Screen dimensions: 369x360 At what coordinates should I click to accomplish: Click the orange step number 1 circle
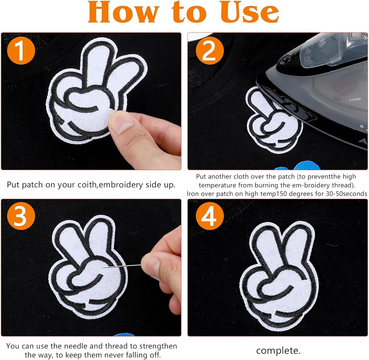pyautogui.click(x=21, y=51)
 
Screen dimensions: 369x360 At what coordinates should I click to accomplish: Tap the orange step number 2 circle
pyautogui.click(x=210, y=51)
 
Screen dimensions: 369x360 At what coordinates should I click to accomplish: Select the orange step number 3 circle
pyautogui.click(x=21, y=216)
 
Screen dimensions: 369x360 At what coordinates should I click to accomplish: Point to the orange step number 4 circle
pyautogui.click(x=210, y=216)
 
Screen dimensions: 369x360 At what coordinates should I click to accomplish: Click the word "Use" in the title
pyautogui.click(x=250, y=12)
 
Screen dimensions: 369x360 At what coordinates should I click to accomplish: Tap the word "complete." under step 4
pyautogui.click(x=278, y=350)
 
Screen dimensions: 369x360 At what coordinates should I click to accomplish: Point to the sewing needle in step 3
pyautogui.click(x=122, y=266)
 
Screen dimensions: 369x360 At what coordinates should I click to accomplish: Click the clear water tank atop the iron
pyautogui.click(x=334, y=49)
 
